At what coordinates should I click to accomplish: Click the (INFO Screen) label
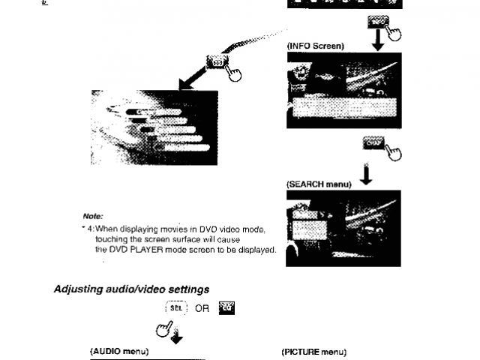[315, 46]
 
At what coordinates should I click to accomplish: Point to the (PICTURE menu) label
[313, 350]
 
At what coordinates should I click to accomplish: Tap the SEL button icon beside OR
[175, 307]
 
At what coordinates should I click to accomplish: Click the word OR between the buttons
[201, 308]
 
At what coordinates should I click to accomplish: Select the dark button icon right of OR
[226, 307]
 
